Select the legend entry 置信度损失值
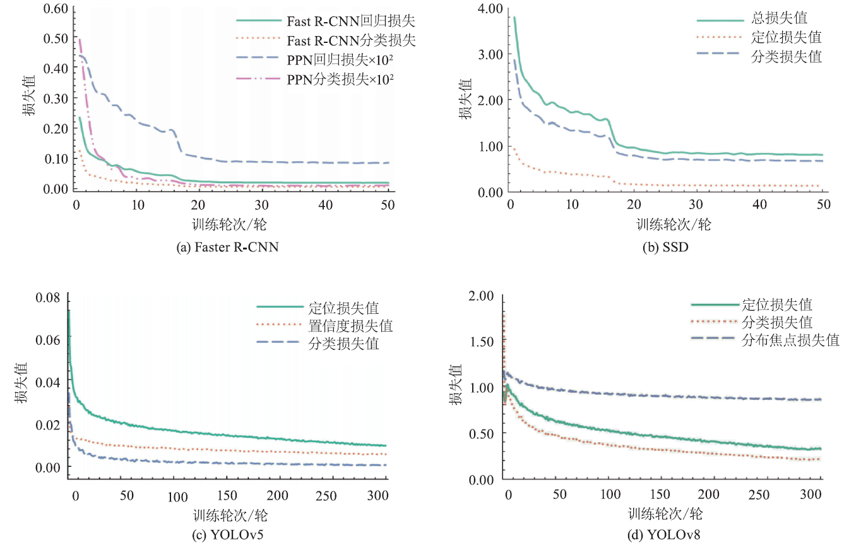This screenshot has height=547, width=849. click(350, 326)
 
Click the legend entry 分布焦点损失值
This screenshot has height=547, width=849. click(798, 340)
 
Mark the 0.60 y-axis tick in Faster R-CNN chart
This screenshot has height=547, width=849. click(53, 8)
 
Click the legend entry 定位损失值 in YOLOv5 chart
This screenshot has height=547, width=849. click(343, 308)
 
